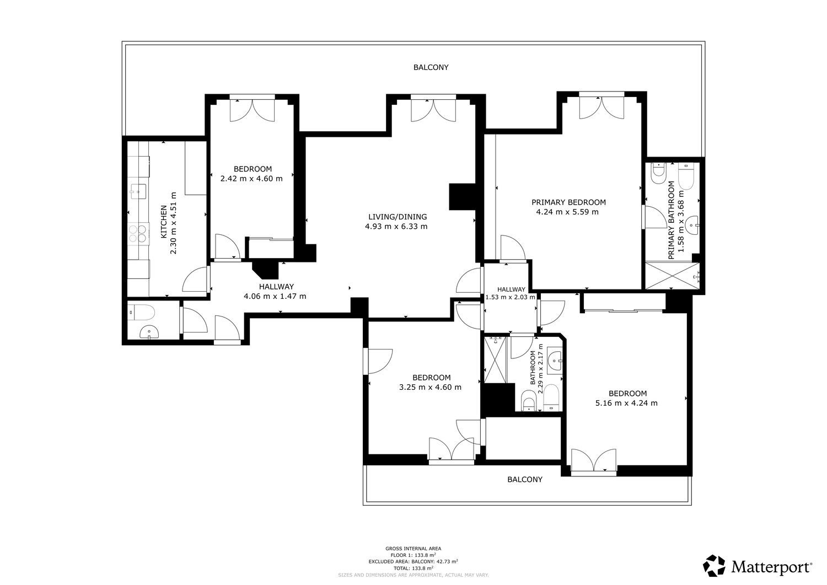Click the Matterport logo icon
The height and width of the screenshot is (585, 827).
[x=714, y=566]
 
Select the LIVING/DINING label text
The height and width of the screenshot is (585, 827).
[x=398, y=217]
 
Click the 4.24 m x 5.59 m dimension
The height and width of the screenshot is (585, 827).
[x=567, y=212]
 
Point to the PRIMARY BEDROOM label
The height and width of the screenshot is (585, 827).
[x=568, y=202]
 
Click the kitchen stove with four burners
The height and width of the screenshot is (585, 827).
[x=139, y=234]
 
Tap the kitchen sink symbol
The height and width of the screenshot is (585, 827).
[x=138, y=191]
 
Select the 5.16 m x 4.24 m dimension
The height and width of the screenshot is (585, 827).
[x=626, y=403]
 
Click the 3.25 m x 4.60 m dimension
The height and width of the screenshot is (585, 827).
[x=430, y=387]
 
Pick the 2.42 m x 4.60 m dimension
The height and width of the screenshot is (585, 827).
[x=251, y=179]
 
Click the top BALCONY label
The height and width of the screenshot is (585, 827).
[x=431, y=67]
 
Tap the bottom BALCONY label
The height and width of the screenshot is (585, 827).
[x=525, y=479]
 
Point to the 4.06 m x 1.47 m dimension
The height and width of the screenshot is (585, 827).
[x=275, y=296]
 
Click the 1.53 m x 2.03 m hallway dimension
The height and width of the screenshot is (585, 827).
[x=510, y=297]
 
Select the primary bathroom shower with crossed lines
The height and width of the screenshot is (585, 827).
[x=672, y=275]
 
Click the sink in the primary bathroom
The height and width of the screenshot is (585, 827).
[x=692, y=226]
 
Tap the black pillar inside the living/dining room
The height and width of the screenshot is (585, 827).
[x=461, y=197]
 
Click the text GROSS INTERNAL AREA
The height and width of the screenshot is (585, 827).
[x=413, y=549]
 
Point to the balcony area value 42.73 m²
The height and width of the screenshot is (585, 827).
[x=447, y=561]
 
